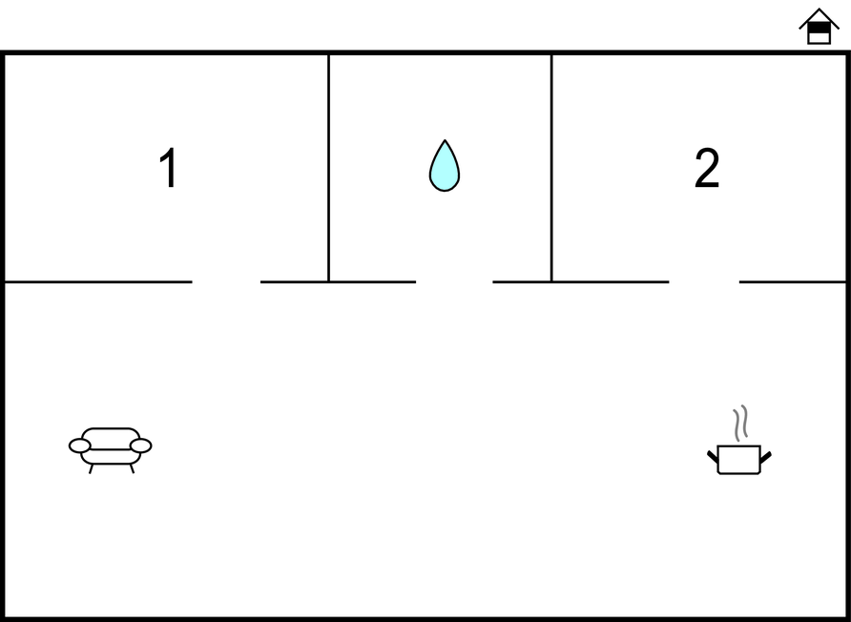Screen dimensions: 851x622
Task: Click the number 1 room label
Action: pyautogui.click(x=169, y=168)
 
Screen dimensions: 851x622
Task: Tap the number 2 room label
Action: pyautogui.click(x=707, y=168)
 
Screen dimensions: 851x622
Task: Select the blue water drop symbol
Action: pyautogui.click(x=445, y=166)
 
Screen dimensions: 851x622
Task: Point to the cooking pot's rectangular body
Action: pyautogui.click(x=738, y=460)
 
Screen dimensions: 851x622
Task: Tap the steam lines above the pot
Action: pyautogui.click(x=741, y=423)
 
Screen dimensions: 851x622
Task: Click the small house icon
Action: pyautogui.click(x=819, y=26)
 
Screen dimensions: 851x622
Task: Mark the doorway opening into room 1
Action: pyautogui.click(x=226, y=281)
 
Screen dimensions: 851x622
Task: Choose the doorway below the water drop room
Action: pyautogui.click(x=454, y=281)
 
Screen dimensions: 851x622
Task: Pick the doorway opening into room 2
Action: pyautogui.click(x=704, y=281)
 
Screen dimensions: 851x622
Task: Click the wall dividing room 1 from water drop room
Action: pyautogui.click(x=328, y=168)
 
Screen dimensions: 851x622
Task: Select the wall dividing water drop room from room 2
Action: pyautogui.click(x=551, y=168)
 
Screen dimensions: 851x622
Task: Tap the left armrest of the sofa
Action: pyautogui.click(x=80, y=446)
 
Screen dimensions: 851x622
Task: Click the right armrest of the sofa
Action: pyautogui.click(x=140, y=446)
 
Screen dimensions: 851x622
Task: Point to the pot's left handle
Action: pyautogui.click(x=713, y=457)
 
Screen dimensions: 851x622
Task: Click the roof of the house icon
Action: pyautogui.click(x=819, y=17)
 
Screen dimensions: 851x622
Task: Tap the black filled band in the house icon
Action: pyautogui.click(x=819, y=28)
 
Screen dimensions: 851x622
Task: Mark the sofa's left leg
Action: pyautogui.click(x=92, y=469)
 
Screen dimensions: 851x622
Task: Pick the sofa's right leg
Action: pyautogui.click(x=132, y=469)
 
